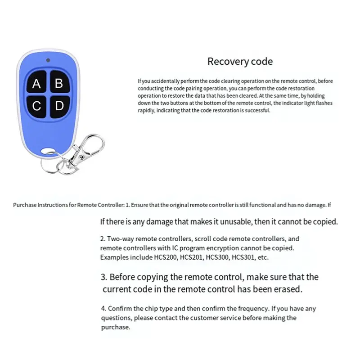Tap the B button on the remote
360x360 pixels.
point(59,83)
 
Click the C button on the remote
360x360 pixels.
point(37,106)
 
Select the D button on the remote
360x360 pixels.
point(59,106)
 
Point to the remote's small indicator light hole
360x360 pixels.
point(48,60)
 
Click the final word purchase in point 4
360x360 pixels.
point(116,328)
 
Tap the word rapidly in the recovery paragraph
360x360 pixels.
point(146,111)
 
